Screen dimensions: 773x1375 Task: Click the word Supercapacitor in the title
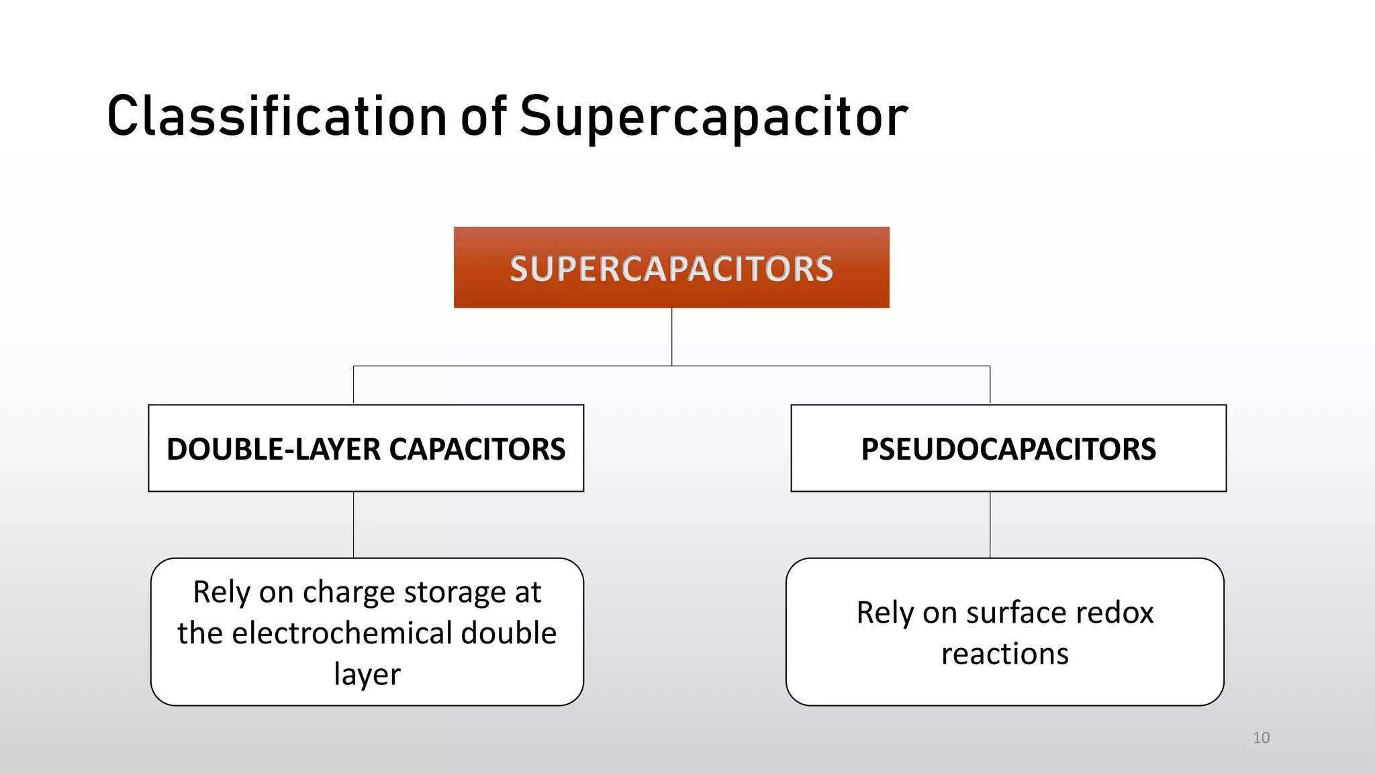[714, 117]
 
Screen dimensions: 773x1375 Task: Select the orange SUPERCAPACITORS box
[671, 268]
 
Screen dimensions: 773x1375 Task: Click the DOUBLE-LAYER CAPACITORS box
[366, 448]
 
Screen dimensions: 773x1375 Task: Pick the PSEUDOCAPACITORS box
[1008, 448]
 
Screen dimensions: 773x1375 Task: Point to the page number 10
[1261, 738]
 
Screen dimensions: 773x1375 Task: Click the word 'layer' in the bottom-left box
[367, 674]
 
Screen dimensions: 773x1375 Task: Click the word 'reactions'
[1004, 654]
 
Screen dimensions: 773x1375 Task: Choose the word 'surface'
[1016, 613]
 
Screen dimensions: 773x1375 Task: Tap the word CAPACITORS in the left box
[477, 449]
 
